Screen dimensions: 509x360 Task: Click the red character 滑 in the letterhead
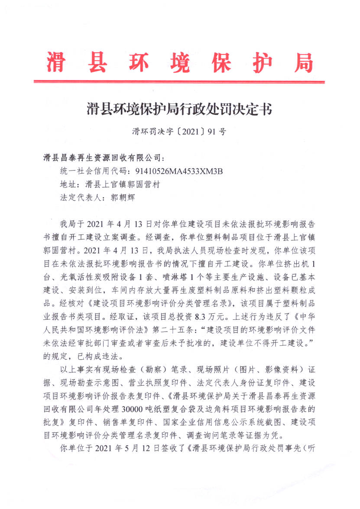click(x=57, y=62)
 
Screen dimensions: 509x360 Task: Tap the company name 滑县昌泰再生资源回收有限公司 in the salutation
click(x=102, y=157)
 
